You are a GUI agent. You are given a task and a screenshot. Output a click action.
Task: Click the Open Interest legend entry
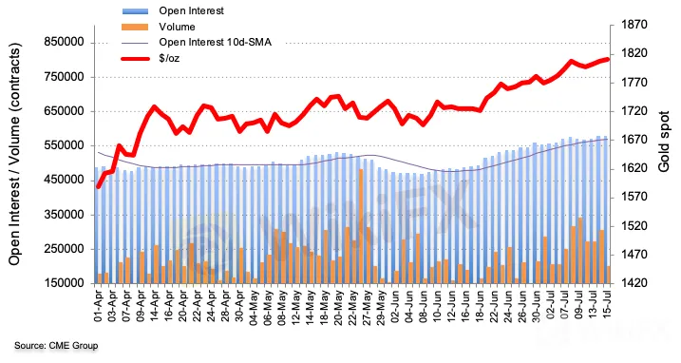pyautogui.click(x=191, y=10)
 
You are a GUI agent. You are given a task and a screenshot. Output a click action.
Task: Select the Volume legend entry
pyautogui.click(x=177, y=27)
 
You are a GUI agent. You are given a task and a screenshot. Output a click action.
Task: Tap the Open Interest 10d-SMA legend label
pyautogui.click(x=215, y=42)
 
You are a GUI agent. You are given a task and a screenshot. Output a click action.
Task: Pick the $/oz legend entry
pyautogui.click(x=169, y=58)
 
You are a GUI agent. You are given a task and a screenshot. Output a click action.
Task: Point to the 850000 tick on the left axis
pyautogui.click(x=64, y=43)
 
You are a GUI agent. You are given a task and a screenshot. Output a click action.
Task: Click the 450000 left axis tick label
pyautogui.click(x=64, y=181)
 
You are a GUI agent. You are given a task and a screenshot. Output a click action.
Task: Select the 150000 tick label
pyautogui.click(x=64, y=283)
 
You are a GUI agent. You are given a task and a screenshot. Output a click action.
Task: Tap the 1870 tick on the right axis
pyautogui.click(x=634, y=25)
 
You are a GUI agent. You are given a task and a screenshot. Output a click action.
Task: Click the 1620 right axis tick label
pyautogui.click(x=634, y=168)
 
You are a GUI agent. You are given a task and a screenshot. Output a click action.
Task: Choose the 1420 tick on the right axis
pyautogui.click(x=634, y=283)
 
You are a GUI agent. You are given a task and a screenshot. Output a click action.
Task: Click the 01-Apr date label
pyautogui.click(x=99, y=306)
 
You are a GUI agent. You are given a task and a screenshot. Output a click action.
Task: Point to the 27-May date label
pyautogui.click(x=369, y=306)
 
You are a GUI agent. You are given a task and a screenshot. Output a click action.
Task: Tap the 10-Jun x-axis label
pyautogui.click(x=438, y=306)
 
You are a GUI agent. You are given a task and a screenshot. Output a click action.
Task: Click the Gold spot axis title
pyautogui.click(x=663, y=142)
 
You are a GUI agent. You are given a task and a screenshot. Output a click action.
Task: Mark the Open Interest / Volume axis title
pyautogui.click(x=14, y=154)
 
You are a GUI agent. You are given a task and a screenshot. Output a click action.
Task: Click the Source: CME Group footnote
pyautogui.click(x=56, y=346)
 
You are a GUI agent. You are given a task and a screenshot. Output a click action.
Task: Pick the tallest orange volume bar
pyautogui.click(x=361, y=226)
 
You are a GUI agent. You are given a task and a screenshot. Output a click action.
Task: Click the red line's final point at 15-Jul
pyautogui.click(x=608, y=59)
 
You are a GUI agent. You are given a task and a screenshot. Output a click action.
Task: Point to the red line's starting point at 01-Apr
pyautogui.click(x=99, y=186)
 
